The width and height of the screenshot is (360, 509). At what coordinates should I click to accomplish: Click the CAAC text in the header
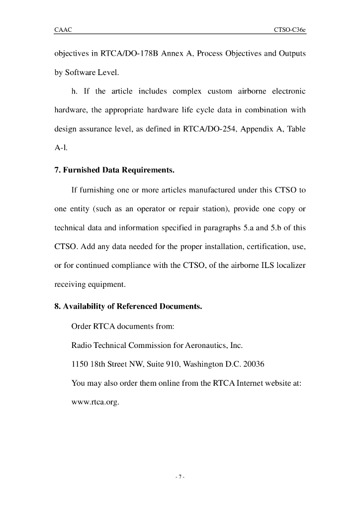click(x=63, y=30)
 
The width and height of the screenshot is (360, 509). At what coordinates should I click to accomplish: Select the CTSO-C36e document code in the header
click(x=289, y=30)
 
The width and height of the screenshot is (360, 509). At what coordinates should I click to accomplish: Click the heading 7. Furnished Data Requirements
click(x=114, y=170)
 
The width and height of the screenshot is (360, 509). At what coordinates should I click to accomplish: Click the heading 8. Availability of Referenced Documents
click(x=128, y=307)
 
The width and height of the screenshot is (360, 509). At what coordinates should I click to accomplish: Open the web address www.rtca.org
click(x=95, y=402)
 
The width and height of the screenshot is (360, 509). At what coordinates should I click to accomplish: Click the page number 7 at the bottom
click(x=180, y=478)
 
